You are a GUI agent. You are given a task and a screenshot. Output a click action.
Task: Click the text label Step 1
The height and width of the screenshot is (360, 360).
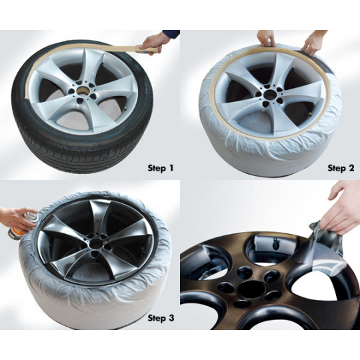coord(161,168)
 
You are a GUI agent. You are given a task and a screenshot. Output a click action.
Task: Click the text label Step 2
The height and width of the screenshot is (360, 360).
coord(341,168)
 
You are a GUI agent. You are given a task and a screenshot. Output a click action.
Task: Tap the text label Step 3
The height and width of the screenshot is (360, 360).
coord(161,318)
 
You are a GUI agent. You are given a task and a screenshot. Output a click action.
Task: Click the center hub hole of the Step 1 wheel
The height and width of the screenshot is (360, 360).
coord(82,90)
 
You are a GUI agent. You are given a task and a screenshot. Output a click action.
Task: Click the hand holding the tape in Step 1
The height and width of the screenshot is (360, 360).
coord(153,43)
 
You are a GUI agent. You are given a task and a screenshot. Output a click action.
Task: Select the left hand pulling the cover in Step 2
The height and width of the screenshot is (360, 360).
coord(266,38)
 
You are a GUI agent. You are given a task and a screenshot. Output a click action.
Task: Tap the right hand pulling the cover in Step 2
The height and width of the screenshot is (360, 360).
coord(313,43)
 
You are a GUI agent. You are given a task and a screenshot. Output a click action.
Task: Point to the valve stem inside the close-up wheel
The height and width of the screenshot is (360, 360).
coord(275,243)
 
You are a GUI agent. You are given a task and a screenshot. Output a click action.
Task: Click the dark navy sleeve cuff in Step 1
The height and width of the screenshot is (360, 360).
coord(171,34)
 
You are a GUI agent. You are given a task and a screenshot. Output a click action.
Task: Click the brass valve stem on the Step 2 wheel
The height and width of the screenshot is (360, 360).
coord(310,113)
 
